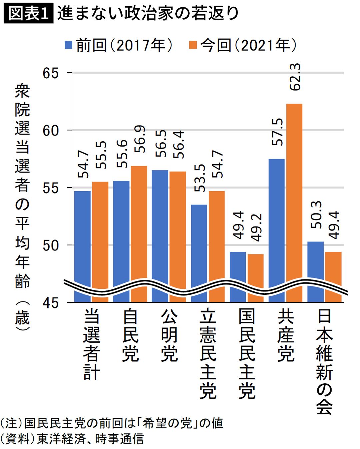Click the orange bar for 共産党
coord(294,200)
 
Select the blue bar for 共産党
coord(277,226)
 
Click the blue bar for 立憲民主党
coord(199,250)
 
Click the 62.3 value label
coord(295,77)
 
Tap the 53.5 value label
coord(200,178)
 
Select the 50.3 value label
coord(316,215)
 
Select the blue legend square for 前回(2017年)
coord(69,45)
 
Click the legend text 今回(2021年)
coord(249,45)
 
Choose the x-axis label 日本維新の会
coord(324,361)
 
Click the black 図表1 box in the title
coord(29,14)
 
